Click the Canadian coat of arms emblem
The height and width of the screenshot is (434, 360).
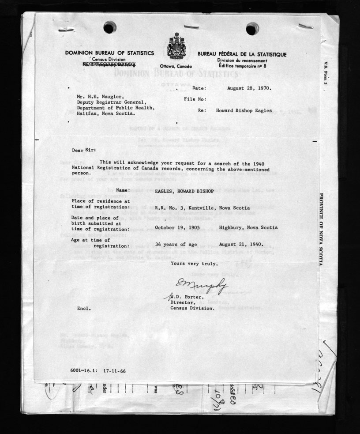click(176, 46)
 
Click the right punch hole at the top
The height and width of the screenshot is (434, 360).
click(252, 29)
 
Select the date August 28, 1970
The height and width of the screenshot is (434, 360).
click(249, 88)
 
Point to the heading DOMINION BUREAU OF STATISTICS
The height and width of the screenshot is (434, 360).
click(109, 53)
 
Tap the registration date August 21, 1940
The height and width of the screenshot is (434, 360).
click(240, 244)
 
